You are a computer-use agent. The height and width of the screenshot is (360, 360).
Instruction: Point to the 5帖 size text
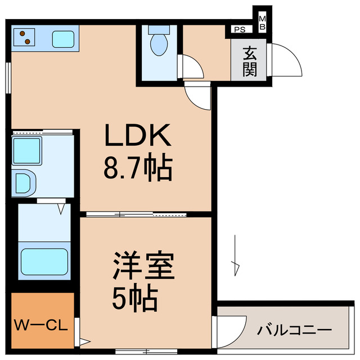click(135, 299)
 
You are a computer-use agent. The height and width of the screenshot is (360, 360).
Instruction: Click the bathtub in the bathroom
click(44, 260)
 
